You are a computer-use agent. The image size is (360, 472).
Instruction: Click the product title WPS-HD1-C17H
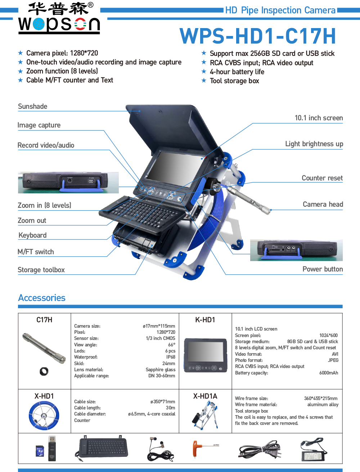(258, 36)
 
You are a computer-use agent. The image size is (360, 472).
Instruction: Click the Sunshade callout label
(32, 107)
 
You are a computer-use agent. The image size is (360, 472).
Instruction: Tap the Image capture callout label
(39, 125)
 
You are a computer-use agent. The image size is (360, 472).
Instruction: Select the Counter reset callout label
(322, 178)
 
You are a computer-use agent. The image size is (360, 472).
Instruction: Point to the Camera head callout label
(323, 204)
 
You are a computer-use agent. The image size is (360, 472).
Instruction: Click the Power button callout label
(322, 269)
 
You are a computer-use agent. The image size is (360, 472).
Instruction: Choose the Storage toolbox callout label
(41, 270)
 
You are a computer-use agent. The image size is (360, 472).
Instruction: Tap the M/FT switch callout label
(36, 252)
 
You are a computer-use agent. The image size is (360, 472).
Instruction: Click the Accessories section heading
(42, 298)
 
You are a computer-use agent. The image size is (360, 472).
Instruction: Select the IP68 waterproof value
(170, 357)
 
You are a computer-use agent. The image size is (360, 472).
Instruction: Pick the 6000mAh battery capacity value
(328, 373)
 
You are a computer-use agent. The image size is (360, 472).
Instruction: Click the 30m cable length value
(170, 408)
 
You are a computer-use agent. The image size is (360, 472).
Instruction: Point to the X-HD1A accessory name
(205, 396)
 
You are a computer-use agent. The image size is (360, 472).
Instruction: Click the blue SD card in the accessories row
(39, 450)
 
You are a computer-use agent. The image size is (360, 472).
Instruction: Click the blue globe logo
(39, 24)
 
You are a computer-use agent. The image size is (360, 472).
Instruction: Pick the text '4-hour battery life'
(237, 72)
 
